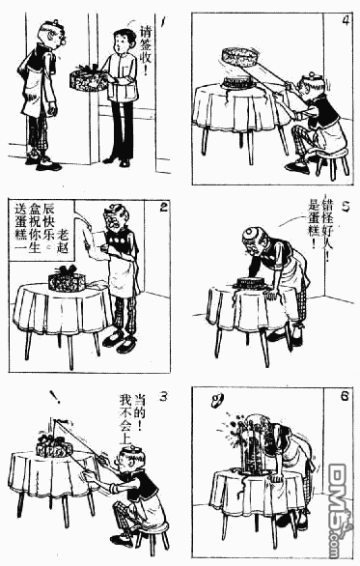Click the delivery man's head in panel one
point(120,41)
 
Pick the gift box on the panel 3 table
point(53,446)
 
